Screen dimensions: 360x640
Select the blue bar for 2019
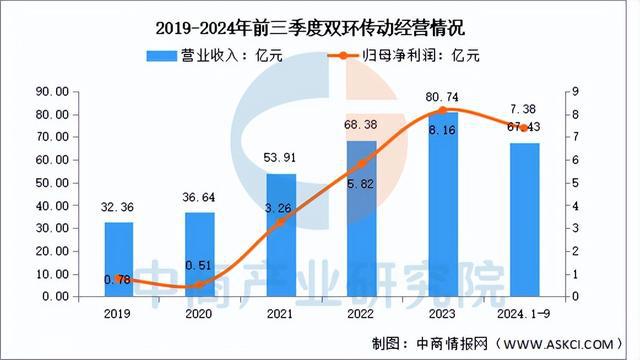pos(119,259)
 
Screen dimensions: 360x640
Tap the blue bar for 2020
pos(200,254)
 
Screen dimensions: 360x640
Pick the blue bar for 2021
pos(281,235)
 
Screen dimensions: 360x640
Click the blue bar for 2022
pos(361,218)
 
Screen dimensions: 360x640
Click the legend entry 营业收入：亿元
pos(214,56)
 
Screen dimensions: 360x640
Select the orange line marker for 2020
pos(200,285)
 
